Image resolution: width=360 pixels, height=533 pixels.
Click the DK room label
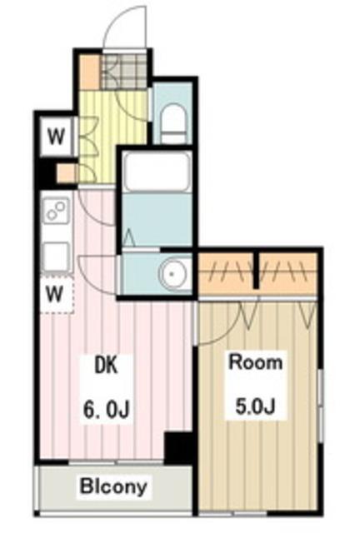click(106, 366)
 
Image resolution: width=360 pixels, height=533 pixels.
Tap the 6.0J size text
click(106, 409)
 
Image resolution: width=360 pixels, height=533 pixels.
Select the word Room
click(256, 362)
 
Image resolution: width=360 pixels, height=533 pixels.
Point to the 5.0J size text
click(255, 406)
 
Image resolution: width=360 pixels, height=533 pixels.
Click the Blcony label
click(113, 486)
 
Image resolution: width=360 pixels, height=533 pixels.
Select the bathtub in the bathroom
click(156, 172)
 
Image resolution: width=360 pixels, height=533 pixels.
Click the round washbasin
click(172, 274)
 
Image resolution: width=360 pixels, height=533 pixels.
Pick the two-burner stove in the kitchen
click(56, 210)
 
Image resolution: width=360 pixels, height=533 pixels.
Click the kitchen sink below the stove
click(56, 256)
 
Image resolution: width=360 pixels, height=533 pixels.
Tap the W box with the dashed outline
click(57, 294)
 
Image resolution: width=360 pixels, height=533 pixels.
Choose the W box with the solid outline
click(57, 137)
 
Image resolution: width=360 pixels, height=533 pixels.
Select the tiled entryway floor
click(124, 72)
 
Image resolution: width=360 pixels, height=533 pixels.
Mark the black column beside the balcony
click(177, 447)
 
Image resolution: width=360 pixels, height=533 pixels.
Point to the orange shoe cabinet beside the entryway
click(89, 72)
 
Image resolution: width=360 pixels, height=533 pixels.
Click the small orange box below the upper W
click(65, 173)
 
